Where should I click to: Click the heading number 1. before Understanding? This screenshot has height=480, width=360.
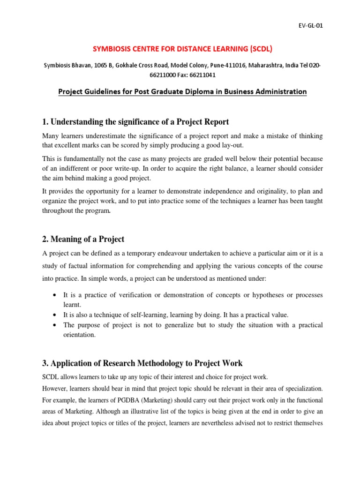point(45,122)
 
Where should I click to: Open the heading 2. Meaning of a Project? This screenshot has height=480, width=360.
point(83,239)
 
